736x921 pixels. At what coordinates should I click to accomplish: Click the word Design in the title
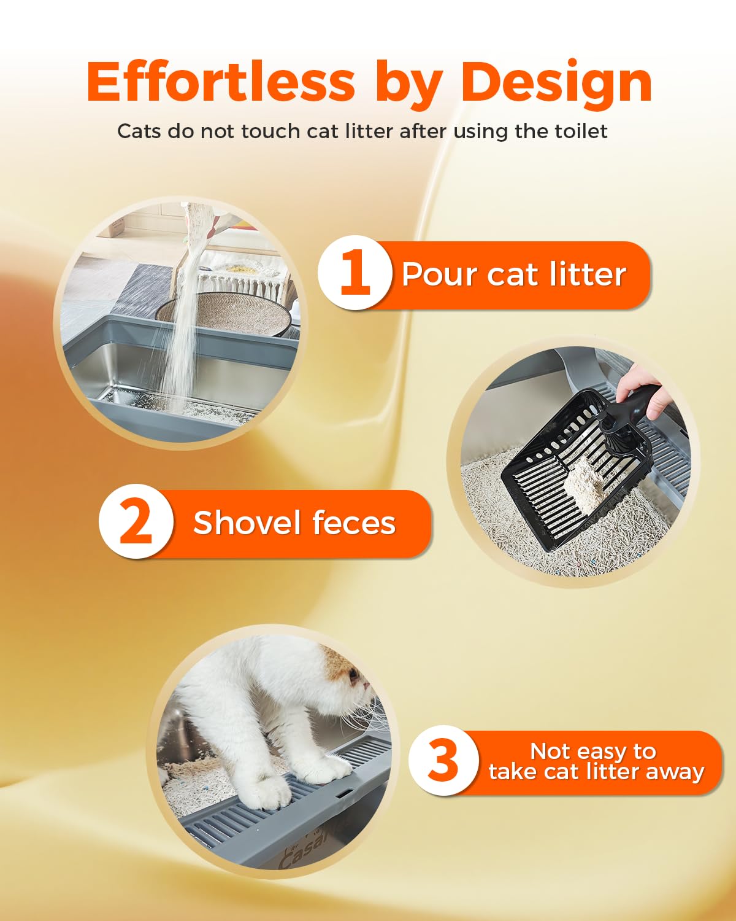point(557,83)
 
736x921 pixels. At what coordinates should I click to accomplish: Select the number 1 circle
point(355,272)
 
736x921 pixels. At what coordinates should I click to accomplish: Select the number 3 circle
point(443,761)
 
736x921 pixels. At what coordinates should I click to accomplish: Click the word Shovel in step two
point(247,523)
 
